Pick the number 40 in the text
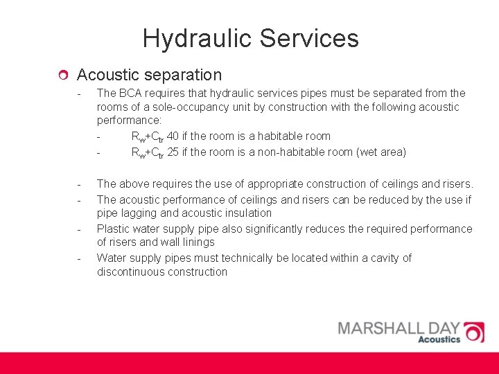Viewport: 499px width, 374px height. click(173, 136)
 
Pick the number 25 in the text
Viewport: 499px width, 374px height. click(173, 152)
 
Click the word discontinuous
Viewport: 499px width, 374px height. click(132, 272)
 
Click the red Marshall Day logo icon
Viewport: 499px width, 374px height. click(475, 332)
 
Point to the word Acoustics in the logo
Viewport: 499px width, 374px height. click(439, 339)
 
